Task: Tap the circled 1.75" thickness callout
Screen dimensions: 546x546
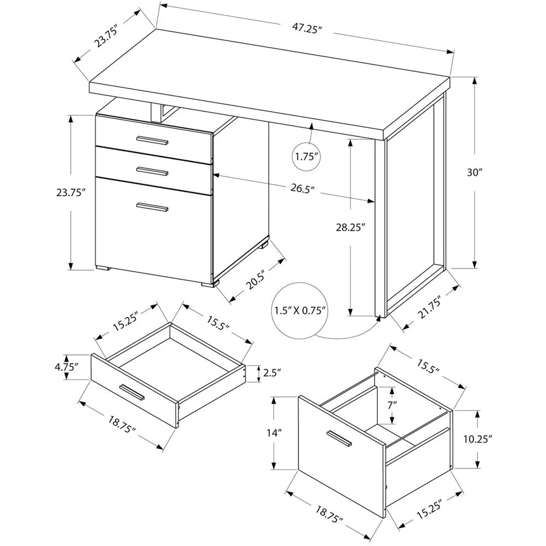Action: point(307,157)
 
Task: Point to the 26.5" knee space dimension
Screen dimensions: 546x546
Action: point(304,190)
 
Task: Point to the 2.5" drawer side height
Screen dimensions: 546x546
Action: point(271,373)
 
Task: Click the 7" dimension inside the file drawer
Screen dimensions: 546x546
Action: point(392,406)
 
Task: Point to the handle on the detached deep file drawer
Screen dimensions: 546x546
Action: point(340,440)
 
